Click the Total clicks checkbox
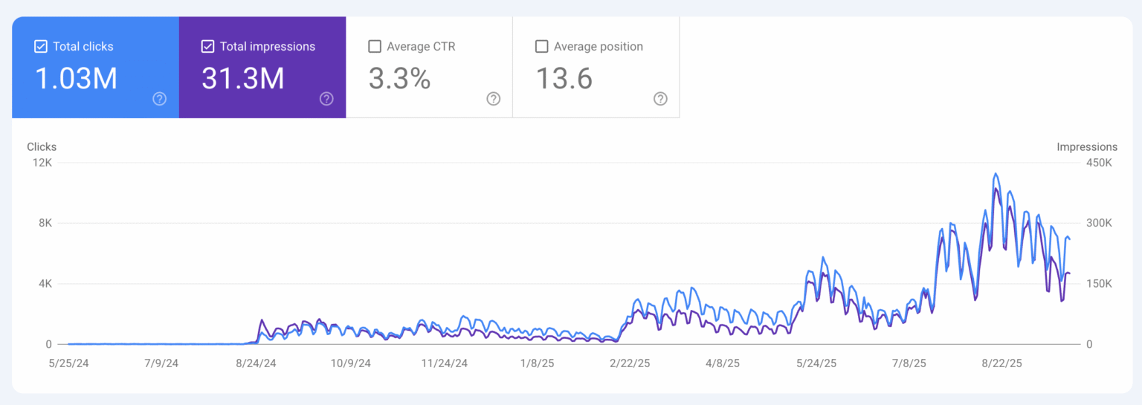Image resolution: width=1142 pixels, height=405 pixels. point(41,47)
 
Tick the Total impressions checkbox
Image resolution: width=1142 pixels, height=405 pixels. point(208,47)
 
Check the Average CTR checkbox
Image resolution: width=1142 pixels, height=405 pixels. point(375,47)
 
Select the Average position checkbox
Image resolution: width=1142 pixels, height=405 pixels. point(542,47)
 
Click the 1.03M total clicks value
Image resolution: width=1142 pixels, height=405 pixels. point(77,78)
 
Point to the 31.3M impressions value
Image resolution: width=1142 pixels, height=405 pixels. point(243,78)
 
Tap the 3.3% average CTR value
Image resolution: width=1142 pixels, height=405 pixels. point(400,78)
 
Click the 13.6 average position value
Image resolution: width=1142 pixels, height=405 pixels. point(564,78)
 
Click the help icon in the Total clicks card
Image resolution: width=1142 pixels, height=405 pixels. point(159,99)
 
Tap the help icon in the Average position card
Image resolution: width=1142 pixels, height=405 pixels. point(660,99)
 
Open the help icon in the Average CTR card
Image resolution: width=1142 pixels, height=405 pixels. point(493,99)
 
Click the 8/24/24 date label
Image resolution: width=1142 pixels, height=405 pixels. point(256,363)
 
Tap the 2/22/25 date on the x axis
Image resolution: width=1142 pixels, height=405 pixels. point(630,363)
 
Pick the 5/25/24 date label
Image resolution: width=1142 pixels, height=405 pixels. point(68,363)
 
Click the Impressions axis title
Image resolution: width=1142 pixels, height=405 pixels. point(1087,147)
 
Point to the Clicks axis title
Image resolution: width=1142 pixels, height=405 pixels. point(42,147)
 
